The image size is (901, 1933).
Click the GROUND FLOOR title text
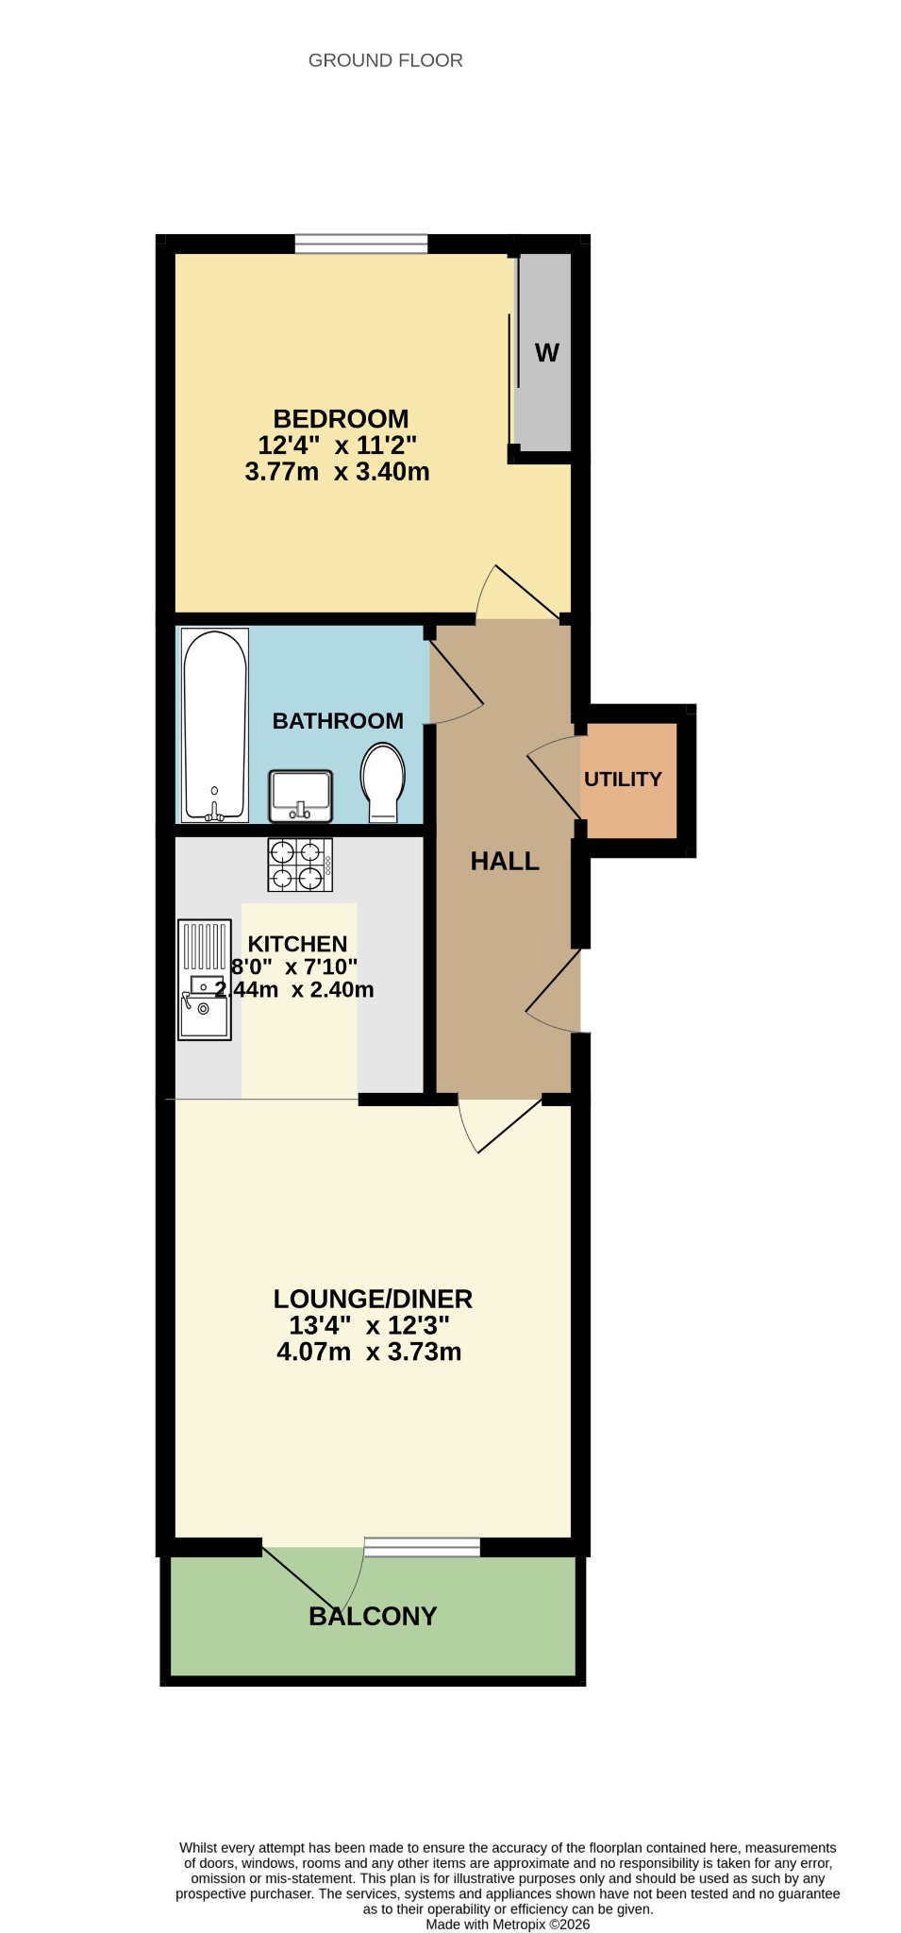coord(385,60)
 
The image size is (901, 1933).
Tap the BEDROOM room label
coord(341,418)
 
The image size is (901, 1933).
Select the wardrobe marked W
coord(544,352)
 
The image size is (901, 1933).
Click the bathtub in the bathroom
coord(215,725)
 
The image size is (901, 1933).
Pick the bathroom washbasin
coord(301,796)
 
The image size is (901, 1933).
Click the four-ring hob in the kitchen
coord(300,865)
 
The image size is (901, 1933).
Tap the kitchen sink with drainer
coord(205,980)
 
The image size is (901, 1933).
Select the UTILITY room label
coord(623,779)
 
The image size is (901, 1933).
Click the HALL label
coord(505,861)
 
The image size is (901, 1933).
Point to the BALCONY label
coord(373,1616)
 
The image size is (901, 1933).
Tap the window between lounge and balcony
coord(422,1547)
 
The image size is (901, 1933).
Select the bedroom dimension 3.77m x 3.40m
coord(337,471)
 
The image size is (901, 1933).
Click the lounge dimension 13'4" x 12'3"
coord(369,1325)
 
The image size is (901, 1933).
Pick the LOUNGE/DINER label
coord(373,1299)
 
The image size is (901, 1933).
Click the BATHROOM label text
coord(338,721)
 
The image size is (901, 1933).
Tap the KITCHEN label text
coord(297,944)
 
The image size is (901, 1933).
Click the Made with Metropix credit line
coord(508,1925)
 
